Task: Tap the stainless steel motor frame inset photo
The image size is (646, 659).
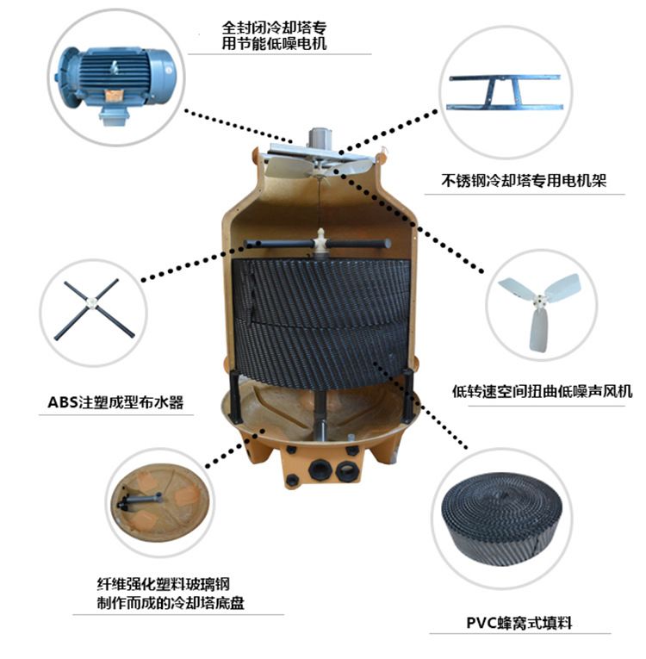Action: pos(505,91)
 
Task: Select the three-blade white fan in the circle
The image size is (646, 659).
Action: pos(541,309)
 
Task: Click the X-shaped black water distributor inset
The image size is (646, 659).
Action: pos(94,310)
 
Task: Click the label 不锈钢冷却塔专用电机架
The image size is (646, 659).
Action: pos(524,181)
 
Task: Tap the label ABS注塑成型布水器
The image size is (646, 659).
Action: pos(115,402)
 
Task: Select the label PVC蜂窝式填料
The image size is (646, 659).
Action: pos(519,623)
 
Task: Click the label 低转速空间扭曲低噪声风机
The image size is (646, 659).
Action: pos(542,391)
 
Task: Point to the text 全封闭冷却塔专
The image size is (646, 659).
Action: pos(274,28)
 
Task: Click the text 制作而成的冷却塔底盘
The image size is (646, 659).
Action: pos(171,603)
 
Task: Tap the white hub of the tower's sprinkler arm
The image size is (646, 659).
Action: pos(320,241)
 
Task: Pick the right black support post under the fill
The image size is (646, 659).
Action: pos(407,395)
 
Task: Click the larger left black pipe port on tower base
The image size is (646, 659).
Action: pos(320,469)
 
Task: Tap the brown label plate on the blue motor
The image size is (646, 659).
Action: pos(114,96)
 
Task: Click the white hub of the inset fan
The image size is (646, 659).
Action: pos(539,300)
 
